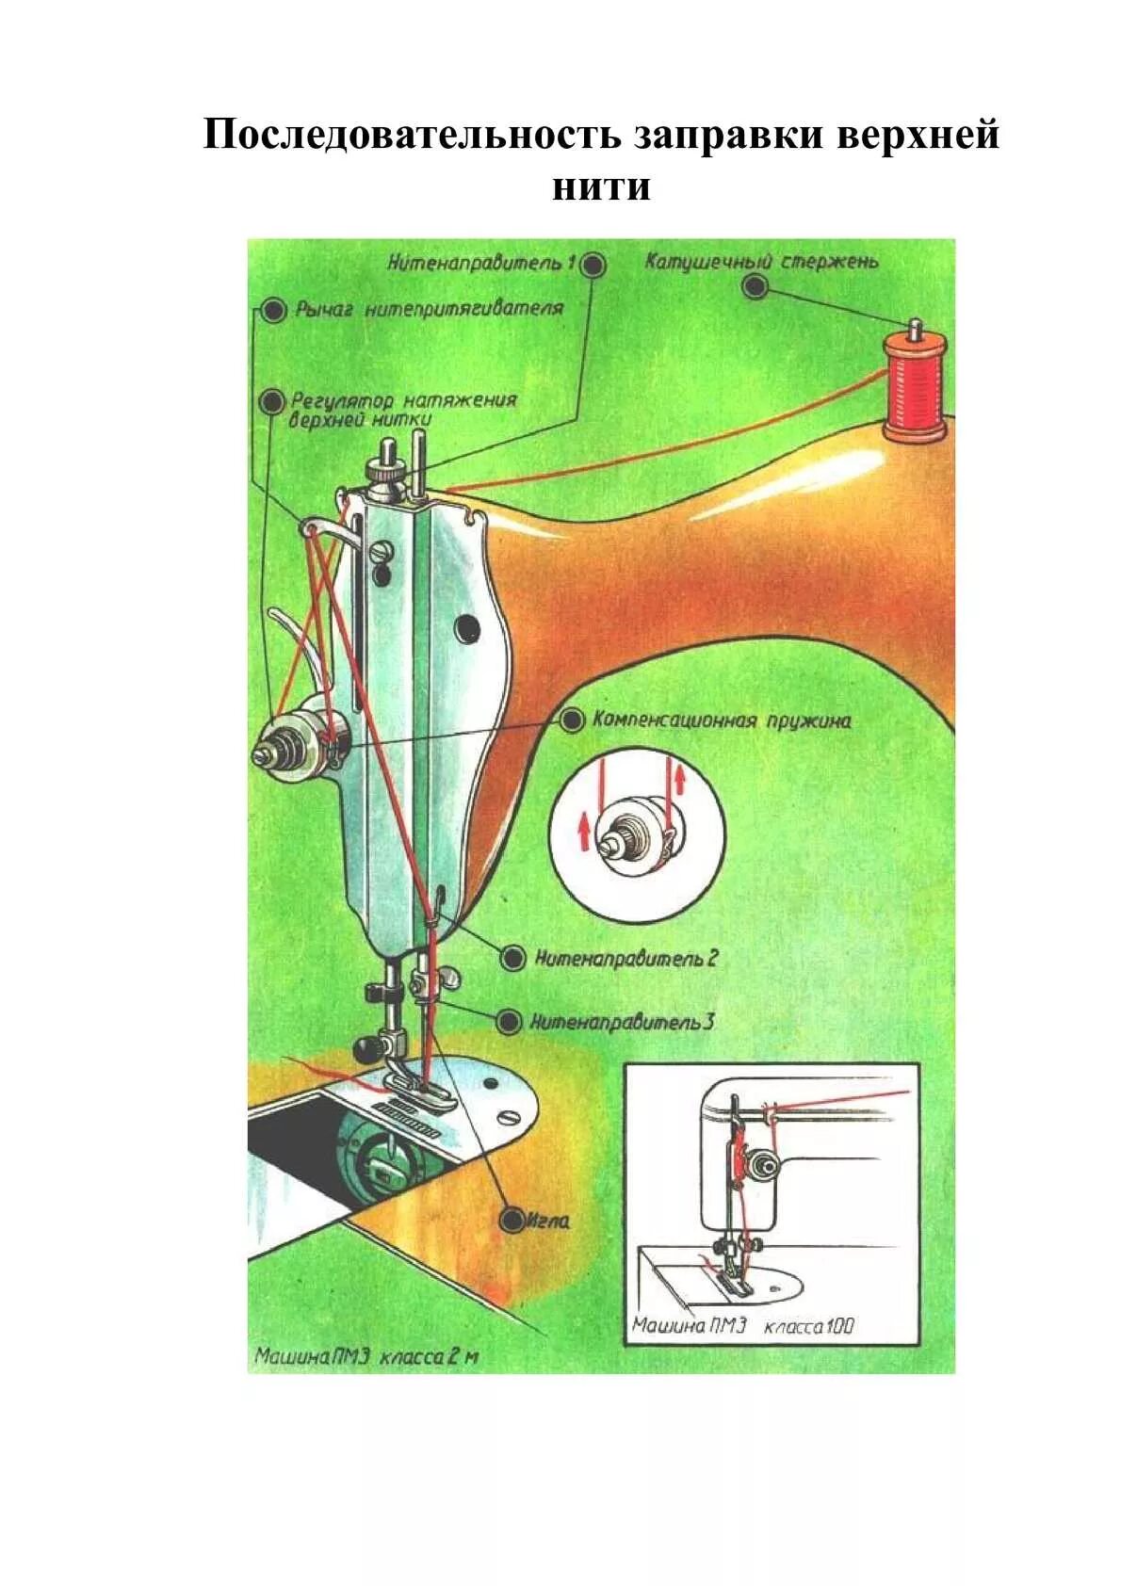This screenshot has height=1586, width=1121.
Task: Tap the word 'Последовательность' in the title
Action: [x=412, y=136]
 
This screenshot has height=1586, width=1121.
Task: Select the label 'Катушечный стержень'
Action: [x=761, y=261]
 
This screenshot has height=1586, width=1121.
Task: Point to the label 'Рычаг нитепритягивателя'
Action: [x=429, y=308]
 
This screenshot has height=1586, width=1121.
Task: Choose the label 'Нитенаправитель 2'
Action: [x=626, y=959]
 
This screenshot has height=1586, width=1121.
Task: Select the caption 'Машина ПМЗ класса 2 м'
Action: [x=366, y=1357]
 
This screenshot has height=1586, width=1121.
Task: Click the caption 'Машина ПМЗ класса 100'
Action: [x=742, y=1326]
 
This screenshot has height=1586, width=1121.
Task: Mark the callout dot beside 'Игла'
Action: [x=512, y=1222]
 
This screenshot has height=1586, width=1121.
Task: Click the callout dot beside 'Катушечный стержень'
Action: [x=755, y=286]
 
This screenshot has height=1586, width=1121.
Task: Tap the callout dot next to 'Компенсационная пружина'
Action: [x=572, y=721]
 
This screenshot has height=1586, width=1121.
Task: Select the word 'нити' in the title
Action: [x=601, y=186]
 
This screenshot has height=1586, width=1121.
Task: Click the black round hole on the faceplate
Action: [x=466, y=626]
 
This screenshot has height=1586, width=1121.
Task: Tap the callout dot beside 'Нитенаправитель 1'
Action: [x=593, y=265]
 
